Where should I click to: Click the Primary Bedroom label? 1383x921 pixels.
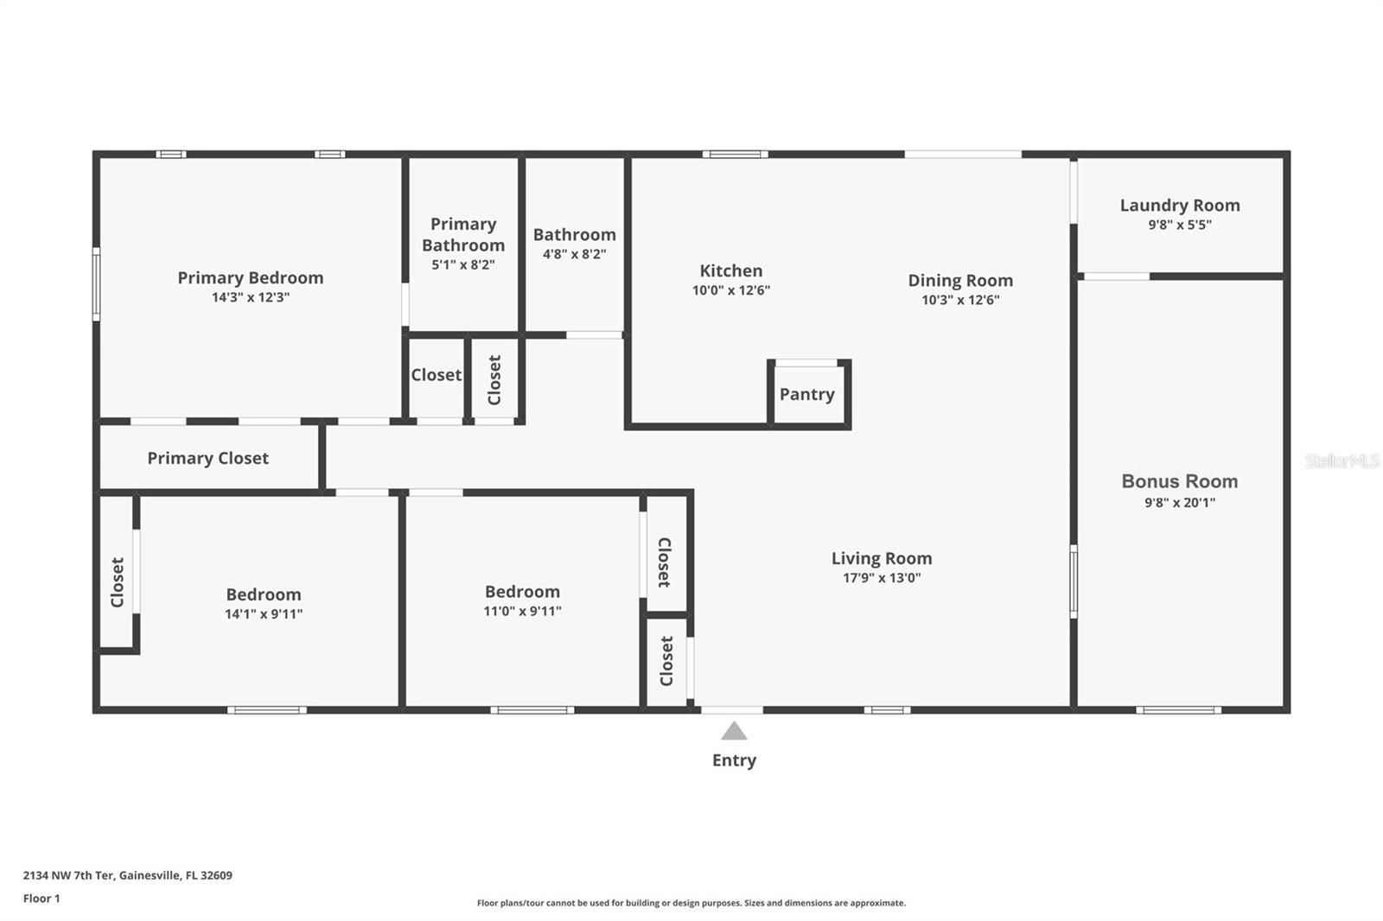[x=250, y=277]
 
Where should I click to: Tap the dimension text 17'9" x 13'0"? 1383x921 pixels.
[x=882, y=578]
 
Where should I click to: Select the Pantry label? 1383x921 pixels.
[x=806, y=394]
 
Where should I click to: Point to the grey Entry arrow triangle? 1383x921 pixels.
[x=734, y=732]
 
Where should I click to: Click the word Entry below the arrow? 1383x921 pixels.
[x=734, y=760]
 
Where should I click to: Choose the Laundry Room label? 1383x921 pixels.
[x=1179, y=205]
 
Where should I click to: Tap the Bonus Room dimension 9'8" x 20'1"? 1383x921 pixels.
[x=1179, y=503]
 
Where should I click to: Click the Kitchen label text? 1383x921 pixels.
[x=730, y=270]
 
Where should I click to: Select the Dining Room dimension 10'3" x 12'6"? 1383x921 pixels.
[x=960, y=300]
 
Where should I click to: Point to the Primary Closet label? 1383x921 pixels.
[x=207, y=458]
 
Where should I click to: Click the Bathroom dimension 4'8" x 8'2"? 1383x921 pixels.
[x=574, y=254]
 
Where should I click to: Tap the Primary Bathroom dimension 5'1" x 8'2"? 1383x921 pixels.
[x=463, y=265]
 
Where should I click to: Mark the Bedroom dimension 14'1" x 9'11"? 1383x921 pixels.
[x=264, y=614]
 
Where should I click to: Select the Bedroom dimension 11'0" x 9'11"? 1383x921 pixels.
[x=522, y=611]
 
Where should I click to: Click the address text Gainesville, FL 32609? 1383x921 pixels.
[x=175, y=875]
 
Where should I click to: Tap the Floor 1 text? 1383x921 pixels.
[x=41, y=899]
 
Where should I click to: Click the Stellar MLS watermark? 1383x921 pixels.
[x=1342, y=461]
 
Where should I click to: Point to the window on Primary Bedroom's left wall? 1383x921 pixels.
[x=96, y=284]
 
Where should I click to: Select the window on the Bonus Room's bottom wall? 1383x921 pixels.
[x=1178, y=710]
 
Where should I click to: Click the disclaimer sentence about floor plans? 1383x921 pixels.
[x=691, y=903]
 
